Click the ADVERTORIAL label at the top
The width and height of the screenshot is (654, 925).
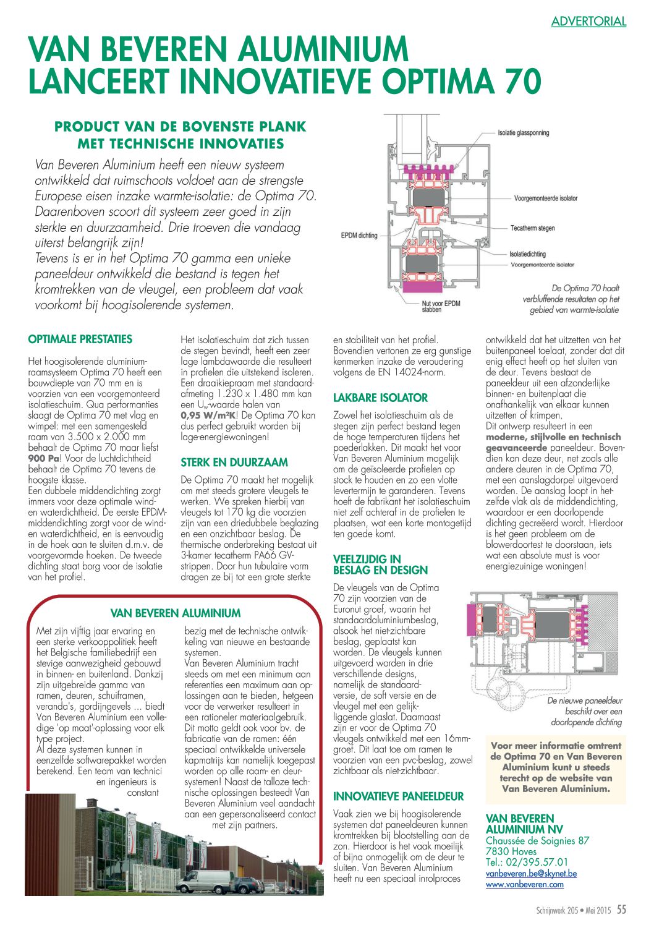pyautogui.click(x=588, y=22)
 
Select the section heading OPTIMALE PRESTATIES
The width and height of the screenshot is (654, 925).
pyautogui.click(x=80, y=339)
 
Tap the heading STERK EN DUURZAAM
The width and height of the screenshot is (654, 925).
pyautogui.click(x=234, y=462)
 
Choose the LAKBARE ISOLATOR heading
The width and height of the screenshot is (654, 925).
pyautogui.click(x=380, y=398)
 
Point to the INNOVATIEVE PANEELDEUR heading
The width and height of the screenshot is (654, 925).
pyautogui.click(x=398, y=796)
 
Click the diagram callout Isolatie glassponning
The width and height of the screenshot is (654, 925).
pyautogui.click(x=523, y=132)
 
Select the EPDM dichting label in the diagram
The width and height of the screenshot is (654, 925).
pyautogui.click(x=359, y=235)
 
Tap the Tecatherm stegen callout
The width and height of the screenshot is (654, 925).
pyautogui.click(x=532, y=228)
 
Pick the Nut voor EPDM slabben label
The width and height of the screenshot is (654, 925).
pyautogui.click(x=441, y=306)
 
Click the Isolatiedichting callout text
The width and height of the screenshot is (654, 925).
pyautogui.click(x=527, y=254)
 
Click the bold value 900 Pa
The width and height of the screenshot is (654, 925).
pyautogui.click(x=44, y=458)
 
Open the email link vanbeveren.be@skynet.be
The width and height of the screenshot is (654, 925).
pyautogui.click(x=531, y=874)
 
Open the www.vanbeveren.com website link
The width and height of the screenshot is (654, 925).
pyautogui.click(x=524, y=884)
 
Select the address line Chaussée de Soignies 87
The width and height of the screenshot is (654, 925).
pyautogui.click(x=537, y=840)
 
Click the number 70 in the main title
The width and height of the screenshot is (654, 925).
pyautogui.click(x=521, y=81)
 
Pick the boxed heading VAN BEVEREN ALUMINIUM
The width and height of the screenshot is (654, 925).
pyautogui.click(x=176, y=613)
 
